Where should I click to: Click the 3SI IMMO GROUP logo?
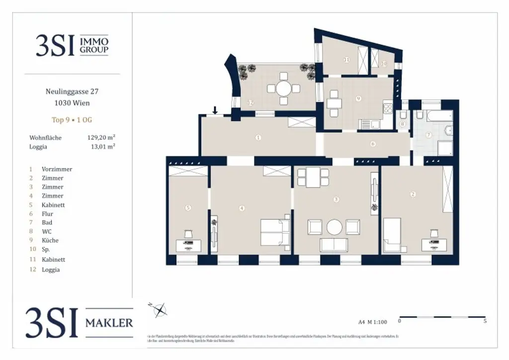click(x=72, y=45)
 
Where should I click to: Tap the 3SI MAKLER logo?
click(x=80, y=323)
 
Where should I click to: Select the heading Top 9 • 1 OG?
click(x=72, y=120)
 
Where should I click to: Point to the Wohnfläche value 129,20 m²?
click(x=101, y=137)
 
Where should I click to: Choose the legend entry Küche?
click(x=50, y=240)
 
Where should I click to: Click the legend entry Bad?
click(x=47, y=222)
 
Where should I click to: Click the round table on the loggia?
click(x=284, y=89)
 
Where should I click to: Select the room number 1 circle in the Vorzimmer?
click(x=258, y=138)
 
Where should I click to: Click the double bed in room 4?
click(x=275, y=232)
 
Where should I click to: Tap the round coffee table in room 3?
click(x=335, y=228)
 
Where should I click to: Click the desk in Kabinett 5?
click(x=188, y=245)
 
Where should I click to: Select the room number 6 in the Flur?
click(x=372, y=144)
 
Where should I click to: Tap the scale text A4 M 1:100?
click(x=372, y=322)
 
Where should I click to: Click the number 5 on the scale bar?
click(x=485, y=321)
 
